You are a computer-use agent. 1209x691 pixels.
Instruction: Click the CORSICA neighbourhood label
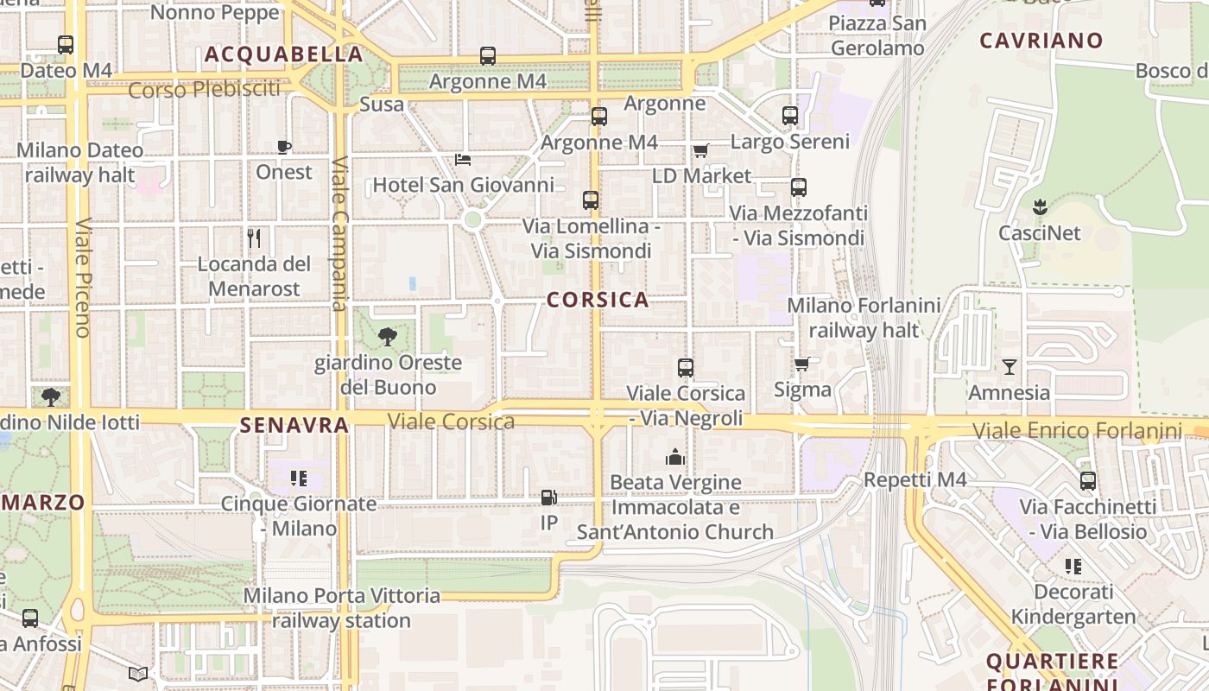point(598,300)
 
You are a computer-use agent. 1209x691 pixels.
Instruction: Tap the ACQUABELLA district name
point(283,54)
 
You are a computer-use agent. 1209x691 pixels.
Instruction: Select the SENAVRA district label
point(294,425)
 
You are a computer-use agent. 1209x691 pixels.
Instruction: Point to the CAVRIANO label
point(1041,41)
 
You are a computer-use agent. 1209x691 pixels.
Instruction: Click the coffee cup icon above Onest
point(284,147)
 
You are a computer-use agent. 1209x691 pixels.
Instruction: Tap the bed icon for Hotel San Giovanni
point(463,160)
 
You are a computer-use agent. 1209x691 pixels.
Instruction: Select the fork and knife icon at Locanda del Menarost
point(254,238)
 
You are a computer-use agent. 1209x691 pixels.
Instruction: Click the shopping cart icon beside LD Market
point(701,151)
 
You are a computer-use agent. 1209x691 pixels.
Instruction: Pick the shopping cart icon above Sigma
point(802,365)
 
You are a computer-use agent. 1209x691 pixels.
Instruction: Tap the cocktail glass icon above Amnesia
point(1009,367)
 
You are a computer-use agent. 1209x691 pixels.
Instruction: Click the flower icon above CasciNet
point(1040,207)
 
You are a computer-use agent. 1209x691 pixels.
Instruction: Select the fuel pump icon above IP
point(548,498)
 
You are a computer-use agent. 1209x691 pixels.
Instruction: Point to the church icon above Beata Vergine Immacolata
point(675,457)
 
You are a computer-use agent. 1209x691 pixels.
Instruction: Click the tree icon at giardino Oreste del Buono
point(388,337)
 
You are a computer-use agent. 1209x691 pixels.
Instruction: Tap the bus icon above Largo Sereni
point(790,116)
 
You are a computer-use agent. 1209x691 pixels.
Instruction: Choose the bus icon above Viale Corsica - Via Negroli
point(686,368)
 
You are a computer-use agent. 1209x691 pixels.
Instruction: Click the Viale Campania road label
point(339,233)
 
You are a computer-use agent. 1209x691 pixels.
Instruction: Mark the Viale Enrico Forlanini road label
point(1077,430)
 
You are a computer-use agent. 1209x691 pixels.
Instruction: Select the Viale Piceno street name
point(83,276)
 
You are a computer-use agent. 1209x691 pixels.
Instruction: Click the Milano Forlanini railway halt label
point(864,317)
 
